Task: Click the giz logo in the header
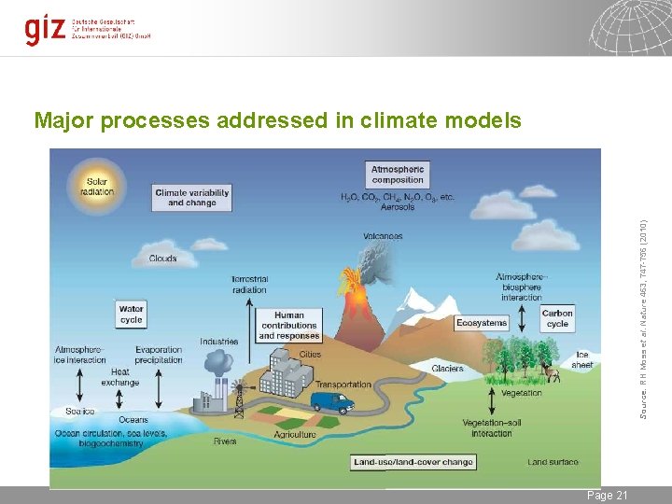click(44, 29)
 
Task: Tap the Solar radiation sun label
click(97, 187)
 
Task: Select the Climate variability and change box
click(191, 198)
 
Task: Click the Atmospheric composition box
click(398, 175)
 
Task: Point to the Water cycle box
click(132, 314)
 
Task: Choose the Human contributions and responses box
click(289, 326)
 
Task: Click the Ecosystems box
click(482, 323)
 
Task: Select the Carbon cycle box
click(557, 318)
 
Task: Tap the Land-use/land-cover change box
click(413, 462)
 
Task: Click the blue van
click(332, 401)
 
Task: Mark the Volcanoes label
click(383, 237)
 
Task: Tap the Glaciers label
click(447, 369)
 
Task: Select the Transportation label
click(343, 385)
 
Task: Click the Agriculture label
click(294, 435)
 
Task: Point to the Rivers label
click(225, 441)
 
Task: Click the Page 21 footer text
click(607, 495)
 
